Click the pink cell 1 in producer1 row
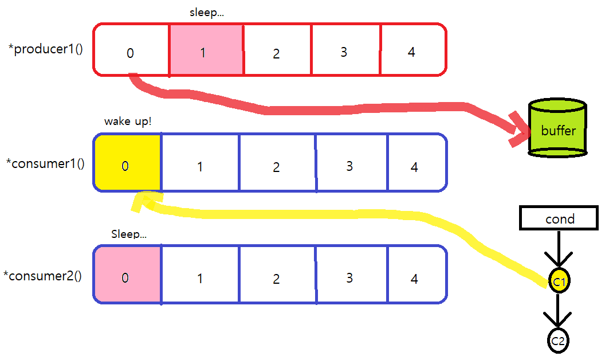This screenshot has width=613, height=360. tap(206, 50)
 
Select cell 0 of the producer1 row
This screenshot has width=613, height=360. tap(131, 50)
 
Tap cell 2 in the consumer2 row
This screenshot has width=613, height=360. tap(277, 275)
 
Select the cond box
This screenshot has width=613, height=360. tap(559, 218)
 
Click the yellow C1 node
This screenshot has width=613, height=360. tap(559, 281)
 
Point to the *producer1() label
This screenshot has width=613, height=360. tap(45, 49)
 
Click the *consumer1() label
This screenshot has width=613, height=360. tap(45, 163)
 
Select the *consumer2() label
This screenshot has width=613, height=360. tap(42, 276)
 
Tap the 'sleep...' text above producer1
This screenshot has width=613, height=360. tap(206, 13)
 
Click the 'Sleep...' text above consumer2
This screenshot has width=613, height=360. tap(129, 234)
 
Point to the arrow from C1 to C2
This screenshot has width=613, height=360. tap(559, 312)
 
